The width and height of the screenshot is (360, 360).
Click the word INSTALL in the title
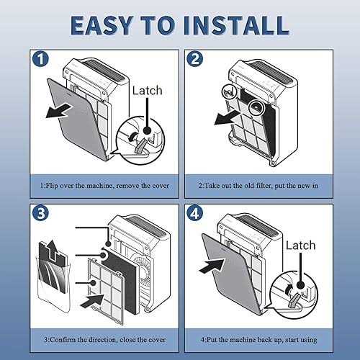(x=236, y=25)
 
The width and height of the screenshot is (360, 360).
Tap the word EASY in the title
(x=102, y=25)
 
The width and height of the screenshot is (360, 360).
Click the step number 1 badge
(x=40, y=59)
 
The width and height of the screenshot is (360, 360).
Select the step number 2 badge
(x=195, y=59)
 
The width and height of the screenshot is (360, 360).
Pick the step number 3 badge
(x=40, y=213)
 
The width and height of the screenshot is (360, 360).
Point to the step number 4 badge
(x=195, y=213)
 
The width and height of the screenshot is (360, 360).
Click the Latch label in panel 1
(x=148, y=91)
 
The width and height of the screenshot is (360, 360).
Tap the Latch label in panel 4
(x=301, y=246)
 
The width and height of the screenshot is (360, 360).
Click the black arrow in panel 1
(x=59, y=111)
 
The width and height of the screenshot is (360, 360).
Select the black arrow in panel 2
(x=228, y=117)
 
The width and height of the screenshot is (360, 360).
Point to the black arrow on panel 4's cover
(x=212, y=266)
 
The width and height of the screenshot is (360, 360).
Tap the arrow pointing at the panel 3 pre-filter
(x=92, y=301)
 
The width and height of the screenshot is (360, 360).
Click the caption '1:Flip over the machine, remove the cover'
(x=104, y=186)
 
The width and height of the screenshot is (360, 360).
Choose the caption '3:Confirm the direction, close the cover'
(x=104, y=340)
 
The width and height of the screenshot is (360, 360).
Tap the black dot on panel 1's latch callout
(x=147, y=130)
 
